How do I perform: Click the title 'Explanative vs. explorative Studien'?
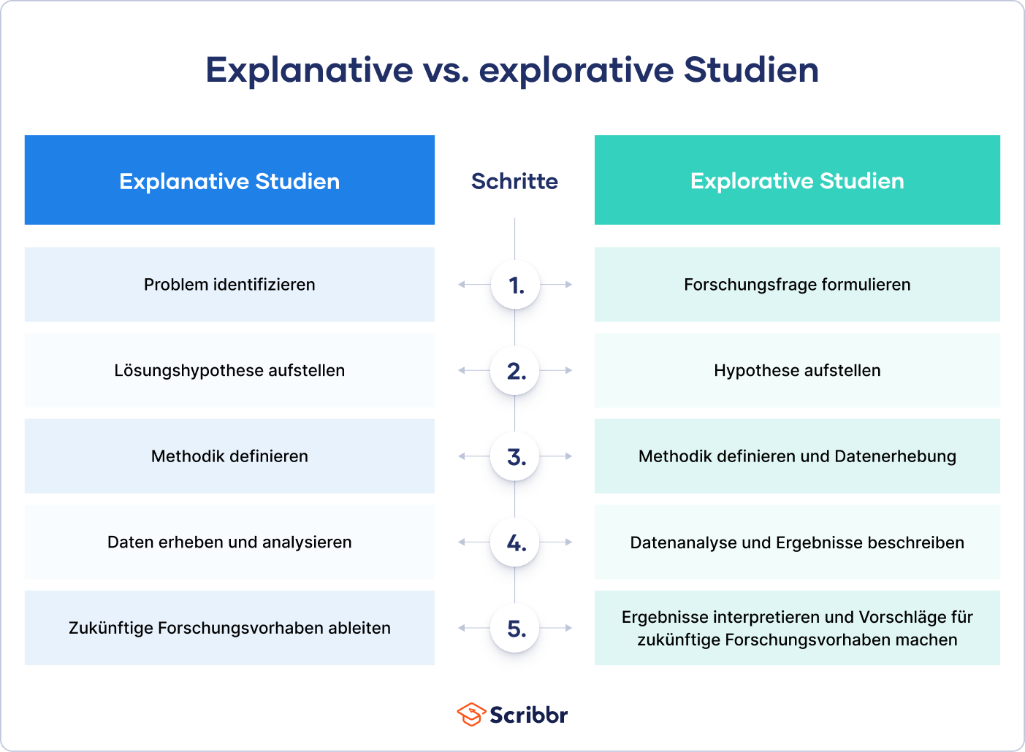point(512,70)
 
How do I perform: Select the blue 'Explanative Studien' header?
point(229,180)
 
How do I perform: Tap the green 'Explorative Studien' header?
point(797,180)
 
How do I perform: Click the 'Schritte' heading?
point(515,181)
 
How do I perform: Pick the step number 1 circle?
point(515,285)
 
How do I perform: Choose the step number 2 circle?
point(515,370)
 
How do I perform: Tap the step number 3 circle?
point(515,456)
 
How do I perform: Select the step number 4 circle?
point(515,542)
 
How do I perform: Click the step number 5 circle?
point(515,628)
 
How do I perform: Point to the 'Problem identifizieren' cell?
point(229,285)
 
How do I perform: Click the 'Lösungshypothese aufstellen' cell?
point(229,370)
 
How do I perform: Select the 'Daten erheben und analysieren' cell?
point(229,542)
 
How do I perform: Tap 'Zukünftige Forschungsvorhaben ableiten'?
point(229,628)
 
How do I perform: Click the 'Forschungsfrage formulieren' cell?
point(797,285)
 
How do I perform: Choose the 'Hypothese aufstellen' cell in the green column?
point(797,370)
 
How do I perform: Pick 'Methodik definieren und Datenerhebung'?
point(797,456)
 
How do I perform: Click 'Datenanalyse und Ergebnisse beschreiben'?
point(797,542)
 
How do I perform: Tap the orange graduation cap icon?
point(471,715)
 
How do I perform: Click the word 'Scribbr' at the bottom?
point(528,715)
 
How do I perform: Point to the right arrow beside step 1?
point(557,285)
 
